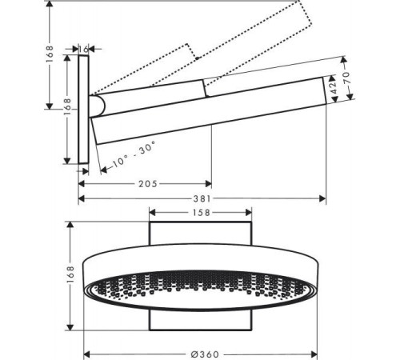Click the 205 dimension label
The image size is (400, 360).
[148, 184]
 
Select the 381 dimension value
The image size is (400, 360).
[202, 198]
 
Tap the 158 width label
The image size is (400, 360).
[202, 213]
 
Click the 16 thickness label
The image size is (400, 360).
[83, 49]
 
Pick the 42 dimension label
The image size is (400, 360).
[334, 87]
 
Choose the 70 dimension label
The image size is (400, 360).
[346, 78]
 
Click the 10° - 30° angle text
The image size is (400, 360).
[134, 154]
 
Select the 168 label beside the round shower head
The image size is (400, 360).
[70, 274]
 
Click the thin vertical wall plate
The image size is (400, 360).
[83, 110]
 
